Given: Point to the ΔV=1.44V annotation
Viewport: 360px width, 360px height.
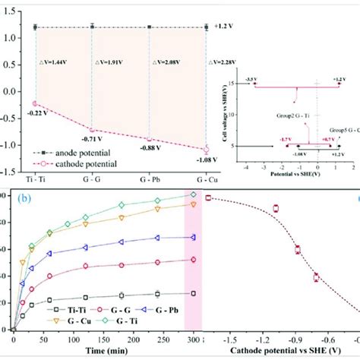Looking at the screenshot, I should (61, 61).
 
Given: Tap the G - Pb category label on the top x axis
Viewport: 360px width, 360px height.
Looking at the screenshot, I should (149, 178).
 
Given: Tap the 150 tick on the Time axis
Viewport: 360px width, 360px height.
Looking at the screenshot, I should (105, 339).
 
